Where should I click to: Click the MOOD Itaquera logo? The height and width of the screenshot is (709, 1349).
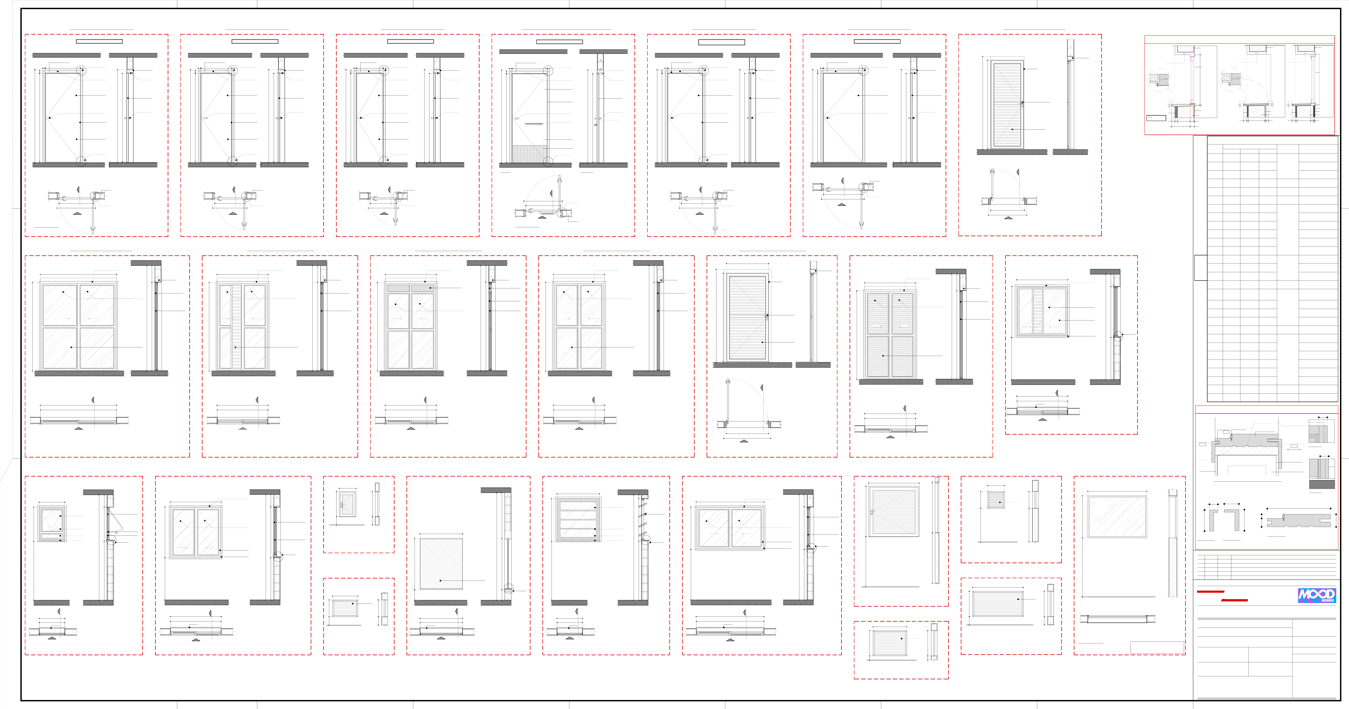(x=1316, y=595)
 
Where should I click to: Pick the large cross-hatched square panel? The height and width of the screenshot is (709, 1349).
(x=441, y=563)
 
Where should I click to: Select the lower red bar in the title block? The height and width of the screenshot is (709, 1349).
(x=1234, y=600)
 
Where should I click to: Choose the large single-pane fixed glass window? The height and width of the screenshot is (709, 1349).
(x=1117, y=517)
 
